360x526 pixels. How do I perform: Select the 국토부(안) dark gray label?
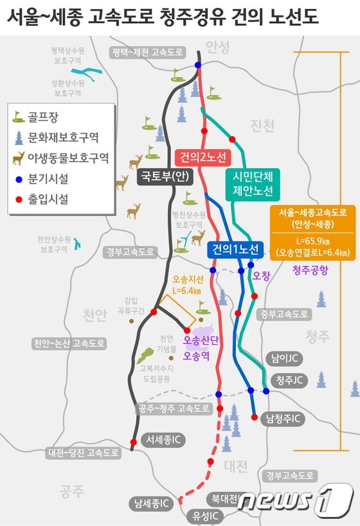[x=164, y=177]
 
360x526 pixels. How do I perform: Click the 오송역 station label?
[x=199, y=355]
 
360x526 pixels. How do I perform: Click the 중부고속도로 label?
[x=285, y=314]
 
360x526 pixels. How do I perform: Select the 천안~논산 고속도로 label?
[x=69, y=344]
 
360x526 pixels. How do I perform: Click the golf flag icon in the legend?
[x=19, y=117]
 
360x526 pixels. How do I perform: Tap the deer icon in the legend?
[x=19, y=157]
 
